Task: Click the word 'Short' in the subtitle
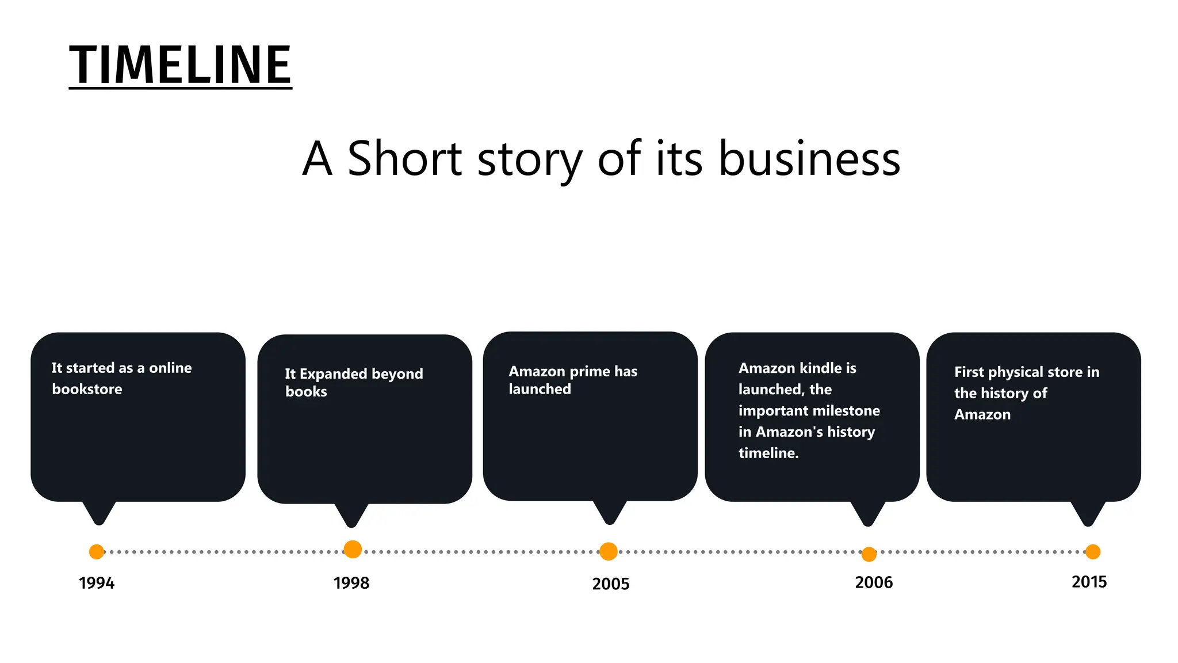point(404,158)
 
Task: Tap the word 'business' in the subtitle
point(809,158)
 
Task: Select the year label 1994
point(97,583)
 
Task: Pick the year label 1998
point(351,583)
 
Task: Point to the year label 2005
point(611,584)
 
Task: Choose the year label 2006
point(874,582)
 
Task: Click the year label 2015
point(1089,582)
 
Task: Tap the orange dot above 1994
point(97,552)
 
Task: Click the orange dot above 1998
point(353,550)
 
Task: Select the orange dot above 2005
point(609,551)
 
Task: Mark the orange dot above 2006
point(869,554)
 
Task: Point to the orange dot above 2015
point(1093,552)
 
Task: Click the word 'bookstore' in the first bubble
point(87,389)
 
